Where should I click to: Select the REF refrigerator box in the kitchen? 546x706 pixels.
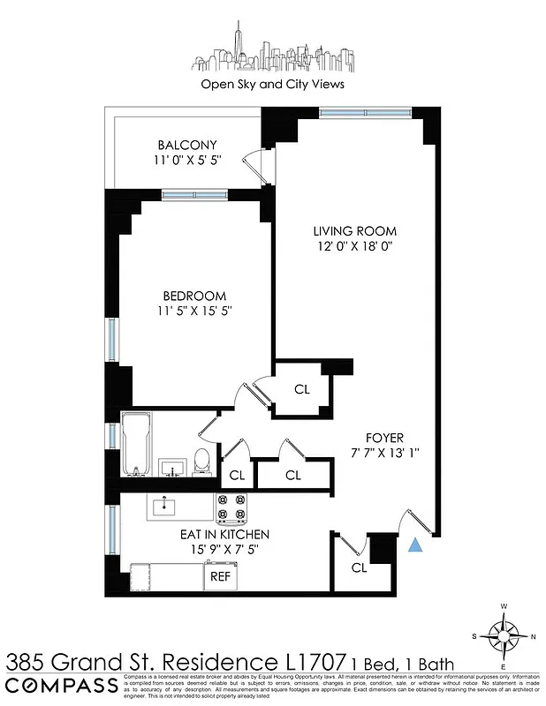coord(218,576)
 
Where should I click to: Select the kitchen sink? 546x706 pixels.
coord(165,507)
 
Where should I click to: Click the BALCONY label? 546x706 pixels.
coord(187,145)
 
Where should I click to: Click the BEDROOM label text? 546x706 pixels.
coord(193,296)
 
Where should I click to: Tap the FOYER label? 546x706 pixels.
coord(384,438)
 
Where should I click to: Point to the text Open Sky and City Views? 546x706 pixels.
coord(272,85)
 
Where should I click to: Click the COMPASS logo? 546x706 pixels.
coord(60,687)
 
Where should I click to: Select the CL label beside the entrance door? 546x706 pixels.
coord(359,567)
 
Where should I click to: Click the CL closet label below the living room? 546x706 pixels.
coord(301,388)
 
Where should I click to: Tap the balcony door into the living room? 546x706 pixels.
coord(256,165)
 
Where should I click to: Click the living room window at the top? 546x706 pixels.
coord(364,112)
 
